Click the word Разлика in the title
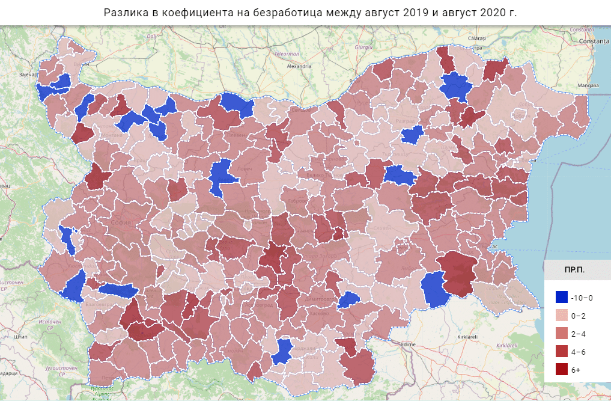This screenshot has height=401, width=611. point(124,13)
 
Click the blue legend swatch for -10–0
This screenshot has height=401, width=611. point(562,298)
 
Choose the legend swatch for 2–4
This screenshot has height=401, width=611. point(562,334)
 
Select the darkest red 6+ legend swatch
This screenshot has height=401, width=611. point(562,370)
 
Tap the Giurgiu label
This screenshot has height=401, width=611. point(364,46)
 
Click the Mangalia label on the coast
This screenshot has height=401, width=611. point(588,86)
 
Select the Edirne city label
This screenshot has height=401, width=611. point(410,344)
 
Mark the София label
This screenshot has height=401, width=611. point(121,222)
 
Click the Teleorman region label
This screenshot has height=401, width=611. point(287,54)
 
